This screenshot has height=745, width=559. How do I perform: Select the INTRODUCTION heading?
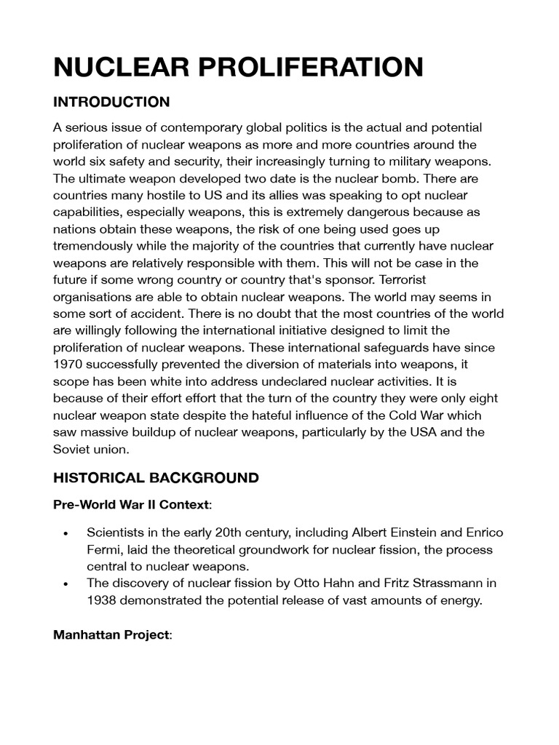(111, 101)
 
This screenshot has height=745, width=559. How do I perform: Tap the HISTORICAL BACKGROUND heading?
(156, 478)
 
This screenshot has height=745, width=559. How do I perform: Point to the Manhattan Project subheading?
(111, 635)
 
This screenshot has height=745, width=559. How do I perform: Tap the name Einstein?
(402, 533)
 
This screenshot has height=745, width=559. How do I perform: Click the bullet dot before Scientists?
(66, 533)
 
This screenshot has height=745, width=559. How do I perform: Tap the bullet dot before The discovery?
(66, 583)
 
